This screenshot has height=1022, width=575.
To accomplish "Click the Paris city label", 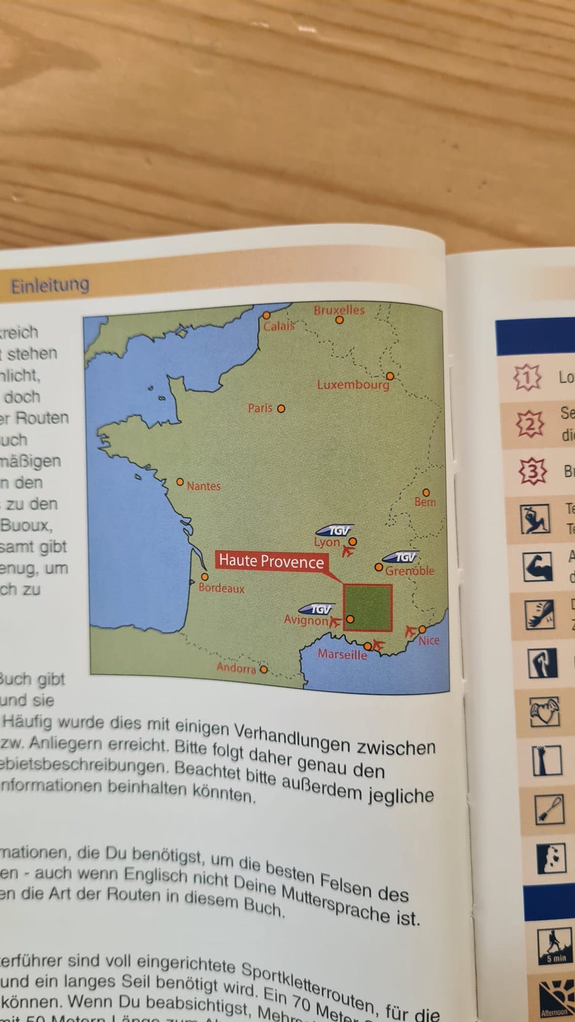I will coord(260,408).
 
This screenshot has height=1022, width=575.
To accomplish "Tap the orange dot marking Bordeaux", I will coord(204,577).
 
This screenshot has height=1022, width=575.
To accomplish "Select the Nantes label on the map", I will coord(204,486).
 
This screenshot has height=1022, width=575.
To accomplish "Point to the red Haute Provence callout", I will coord(271,561).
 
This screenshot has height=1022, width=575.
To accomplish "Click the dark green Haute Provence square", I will coord(368,608).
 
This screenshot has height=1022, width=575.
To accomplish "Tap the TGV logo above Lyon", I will coord(335,530).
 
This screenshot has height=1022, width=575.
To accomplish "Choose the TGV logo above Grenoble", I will coord(401,557).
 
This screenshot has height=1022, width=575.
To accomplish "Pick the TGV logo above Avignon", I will coord(317,609).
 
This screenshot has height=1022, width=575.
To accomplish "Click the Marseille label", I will coord(342,654).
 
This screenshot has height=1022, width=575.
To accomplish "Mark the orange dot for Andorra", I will coord(264,669).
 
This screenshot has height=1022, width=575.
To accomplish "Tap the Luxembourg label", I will coord(353,384).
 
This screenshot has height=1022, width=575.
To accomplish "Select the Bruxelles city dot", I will coord(340,320).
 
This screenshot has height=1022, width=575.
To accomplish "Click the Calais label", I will coord(279,326).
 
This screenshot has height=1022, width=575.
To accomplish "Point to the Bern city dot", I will coord(426,492).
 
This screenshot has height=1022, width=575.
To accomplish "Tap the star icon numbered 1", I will coord(527,377).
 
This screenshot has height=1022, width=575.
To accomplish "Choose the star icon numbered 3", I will coord(532,471).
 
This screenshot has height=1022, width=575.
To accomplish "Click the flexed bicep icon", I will coord(537,566).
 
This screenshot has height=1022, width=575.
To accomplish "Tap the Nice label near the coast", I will coord(429,640).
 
